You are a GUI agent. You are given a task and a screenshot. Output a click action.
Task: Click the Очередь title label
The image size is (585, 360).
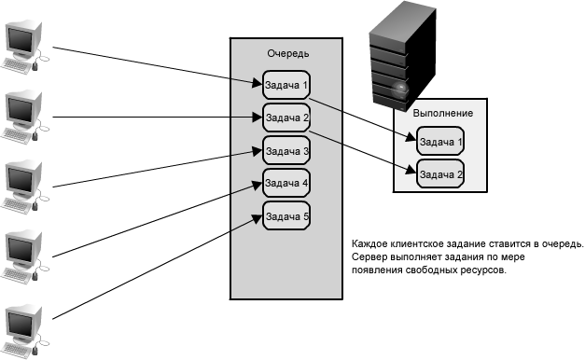point(288,54)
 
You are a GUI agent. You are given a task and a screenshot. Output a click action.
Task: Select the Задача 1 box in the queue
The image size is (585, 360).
point(286,85)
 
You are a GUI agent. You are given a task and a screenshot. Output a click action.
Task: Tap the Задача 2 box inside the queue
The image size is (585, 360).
point(286,118)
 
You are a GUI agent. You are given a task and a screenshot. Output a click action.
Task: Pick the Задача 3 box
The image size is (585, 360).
point(286,150)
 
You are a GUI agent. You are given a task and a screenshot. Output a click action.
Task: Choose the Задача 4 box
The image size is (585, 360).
point(286,183)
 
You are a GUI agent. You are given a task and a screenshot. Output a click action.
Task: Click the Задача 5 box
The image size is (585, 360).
point(286,215)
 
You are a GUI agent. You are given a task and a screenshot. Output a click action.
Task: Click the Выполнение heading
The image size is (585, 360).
point(443,113)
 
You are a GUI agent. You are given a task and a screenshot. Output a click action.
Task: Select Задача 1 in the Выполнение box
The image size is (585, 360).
point(440,141)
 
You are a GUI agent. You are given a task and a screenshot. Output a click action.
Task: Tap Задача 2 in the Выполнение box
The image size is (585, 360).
point(440,173)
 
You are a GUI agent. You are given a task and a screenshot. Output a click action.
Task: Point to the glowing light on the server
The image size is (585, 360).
point(400,89)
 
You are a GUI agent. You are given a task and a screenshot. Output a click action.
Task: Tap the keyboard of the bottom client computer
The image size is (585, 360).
point(16,349)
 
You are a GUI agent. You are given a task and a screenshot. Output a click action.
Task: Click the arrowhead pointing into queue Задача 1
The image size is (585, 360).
point(258,83)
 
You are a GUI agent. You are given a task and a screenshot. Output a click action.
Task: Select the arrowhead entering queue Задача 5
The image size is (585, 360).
point(258,218)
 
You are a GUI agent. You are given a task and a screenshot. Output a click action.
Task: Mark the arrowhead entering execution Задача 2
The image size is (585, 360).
point(411,170)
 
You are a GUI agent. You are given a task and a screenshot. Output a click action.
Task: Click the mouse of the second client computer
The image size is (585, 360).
point(35,135)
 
